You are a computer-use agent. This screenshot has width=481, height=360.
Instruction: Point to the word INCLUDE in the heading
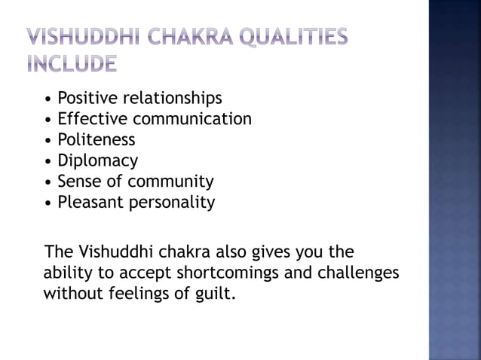pyautogui.click(x=72, y=66)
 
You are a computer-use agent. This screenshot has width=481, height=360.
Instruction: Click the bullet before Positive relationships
pyautogui.click(x=49, y=99)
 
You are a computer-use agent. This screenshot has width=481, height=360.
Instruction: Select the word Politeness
pyautogui.click(x=97, y=140)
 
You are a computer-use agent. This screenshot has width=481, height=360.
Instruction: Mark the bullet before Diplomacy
pyautogui.click(x=49, y=161)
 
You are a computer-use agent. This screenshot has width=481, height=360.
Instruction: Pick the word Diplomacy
pyautogui.click(x=98, y=161)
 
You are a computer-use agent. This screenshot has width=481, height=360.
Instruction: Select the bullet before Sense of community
pyautogui.click(x=49, y=182)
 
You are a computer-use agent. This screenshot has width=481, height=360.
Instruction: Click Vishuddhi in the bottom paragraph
pyautogui.click(x=109, y=251)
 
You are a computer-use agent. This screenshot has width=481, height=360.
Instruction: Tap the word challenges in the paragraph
pyautogui.click(x=359, y=271)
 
